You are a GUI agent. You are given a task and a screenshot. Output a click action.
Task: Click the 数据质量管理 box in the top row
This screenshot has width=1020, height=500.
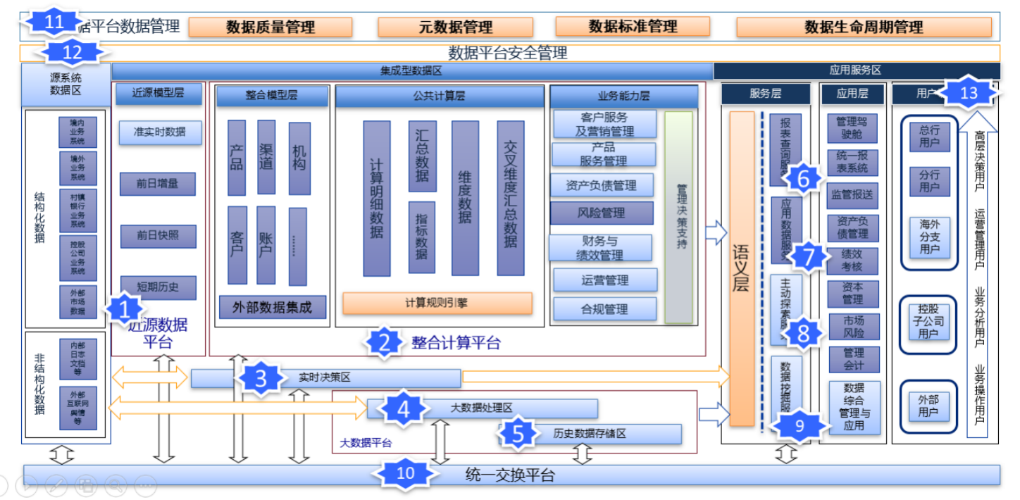(270, 27)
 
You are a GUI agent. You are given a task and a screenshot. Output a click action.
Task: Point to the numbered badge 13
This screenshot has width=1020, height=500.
(969, 92)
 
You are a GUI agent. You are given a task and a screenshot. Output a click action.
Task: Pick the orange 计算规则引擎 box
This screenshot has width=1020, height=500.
(437, 303)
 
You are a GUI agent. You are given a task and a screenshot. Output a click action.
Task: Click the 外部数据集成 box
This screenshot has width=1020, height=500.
(272, 307)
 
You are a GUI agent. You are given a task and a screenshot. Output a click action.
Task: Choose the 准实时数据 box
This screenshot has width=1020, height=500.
(161, 132)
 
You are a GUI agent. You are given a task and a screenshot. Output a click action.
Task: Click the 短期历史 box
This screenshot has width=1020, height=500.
(158, 287)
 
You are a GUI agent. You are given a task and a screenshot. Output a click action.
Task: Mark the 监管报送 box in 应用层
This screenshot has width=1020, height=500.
(853, 195)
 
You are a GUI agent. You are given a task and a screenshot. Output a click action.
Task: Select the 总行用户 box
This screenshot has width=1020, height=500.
(929, 137)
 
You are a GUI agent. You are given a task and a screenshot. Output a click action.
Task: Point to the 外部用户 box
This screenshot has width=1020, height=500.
(929, 405)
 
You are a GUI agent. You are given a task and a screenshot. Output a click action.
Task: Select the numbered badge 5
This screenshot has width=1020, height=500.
(518, 434)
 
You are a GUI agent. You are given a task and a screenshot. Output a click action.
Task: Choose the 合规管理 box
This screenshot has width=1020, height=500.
(604, 308)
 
